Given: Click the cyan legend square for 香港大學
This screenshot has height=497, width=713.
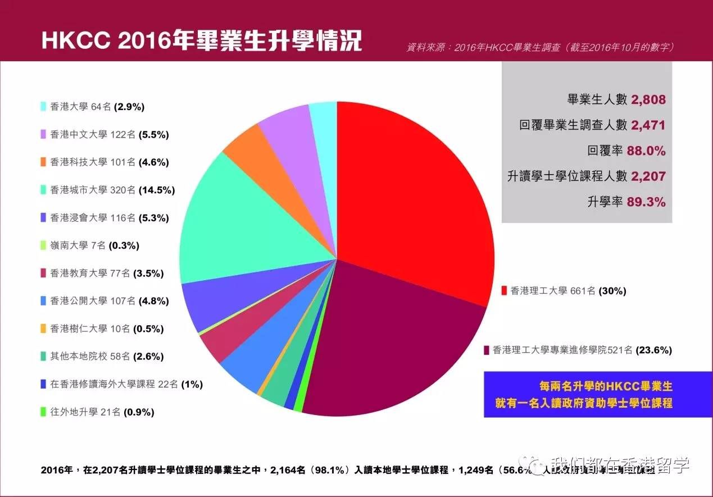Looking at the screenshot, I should (43, 106).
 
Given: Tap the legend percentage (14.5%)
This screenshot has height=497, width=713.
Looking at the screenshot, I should (157, 190).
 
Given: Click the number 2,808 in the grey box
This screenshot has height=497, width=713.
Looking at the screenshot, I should (648, 100).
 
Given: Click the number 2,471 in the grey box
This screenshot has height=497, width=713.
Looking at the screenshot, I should (648, 125).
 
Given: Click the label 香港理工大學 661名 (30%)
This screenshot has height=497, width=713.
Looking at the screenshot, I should (567, 291).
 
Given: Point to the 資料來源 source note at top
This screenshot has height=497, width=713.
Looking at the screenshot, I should (540, 48).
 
